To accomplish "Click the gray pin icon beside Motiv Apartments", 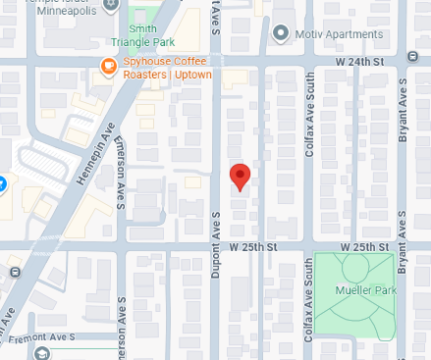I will (282, 34).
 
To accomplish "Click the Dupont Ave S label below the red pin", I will (213, 276).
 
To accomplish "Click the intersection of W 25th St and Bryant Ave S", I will (403, 245).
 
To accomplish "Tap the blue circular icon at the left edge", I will (2, 182).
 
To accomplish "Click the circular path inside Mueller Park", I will (353, 271).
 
